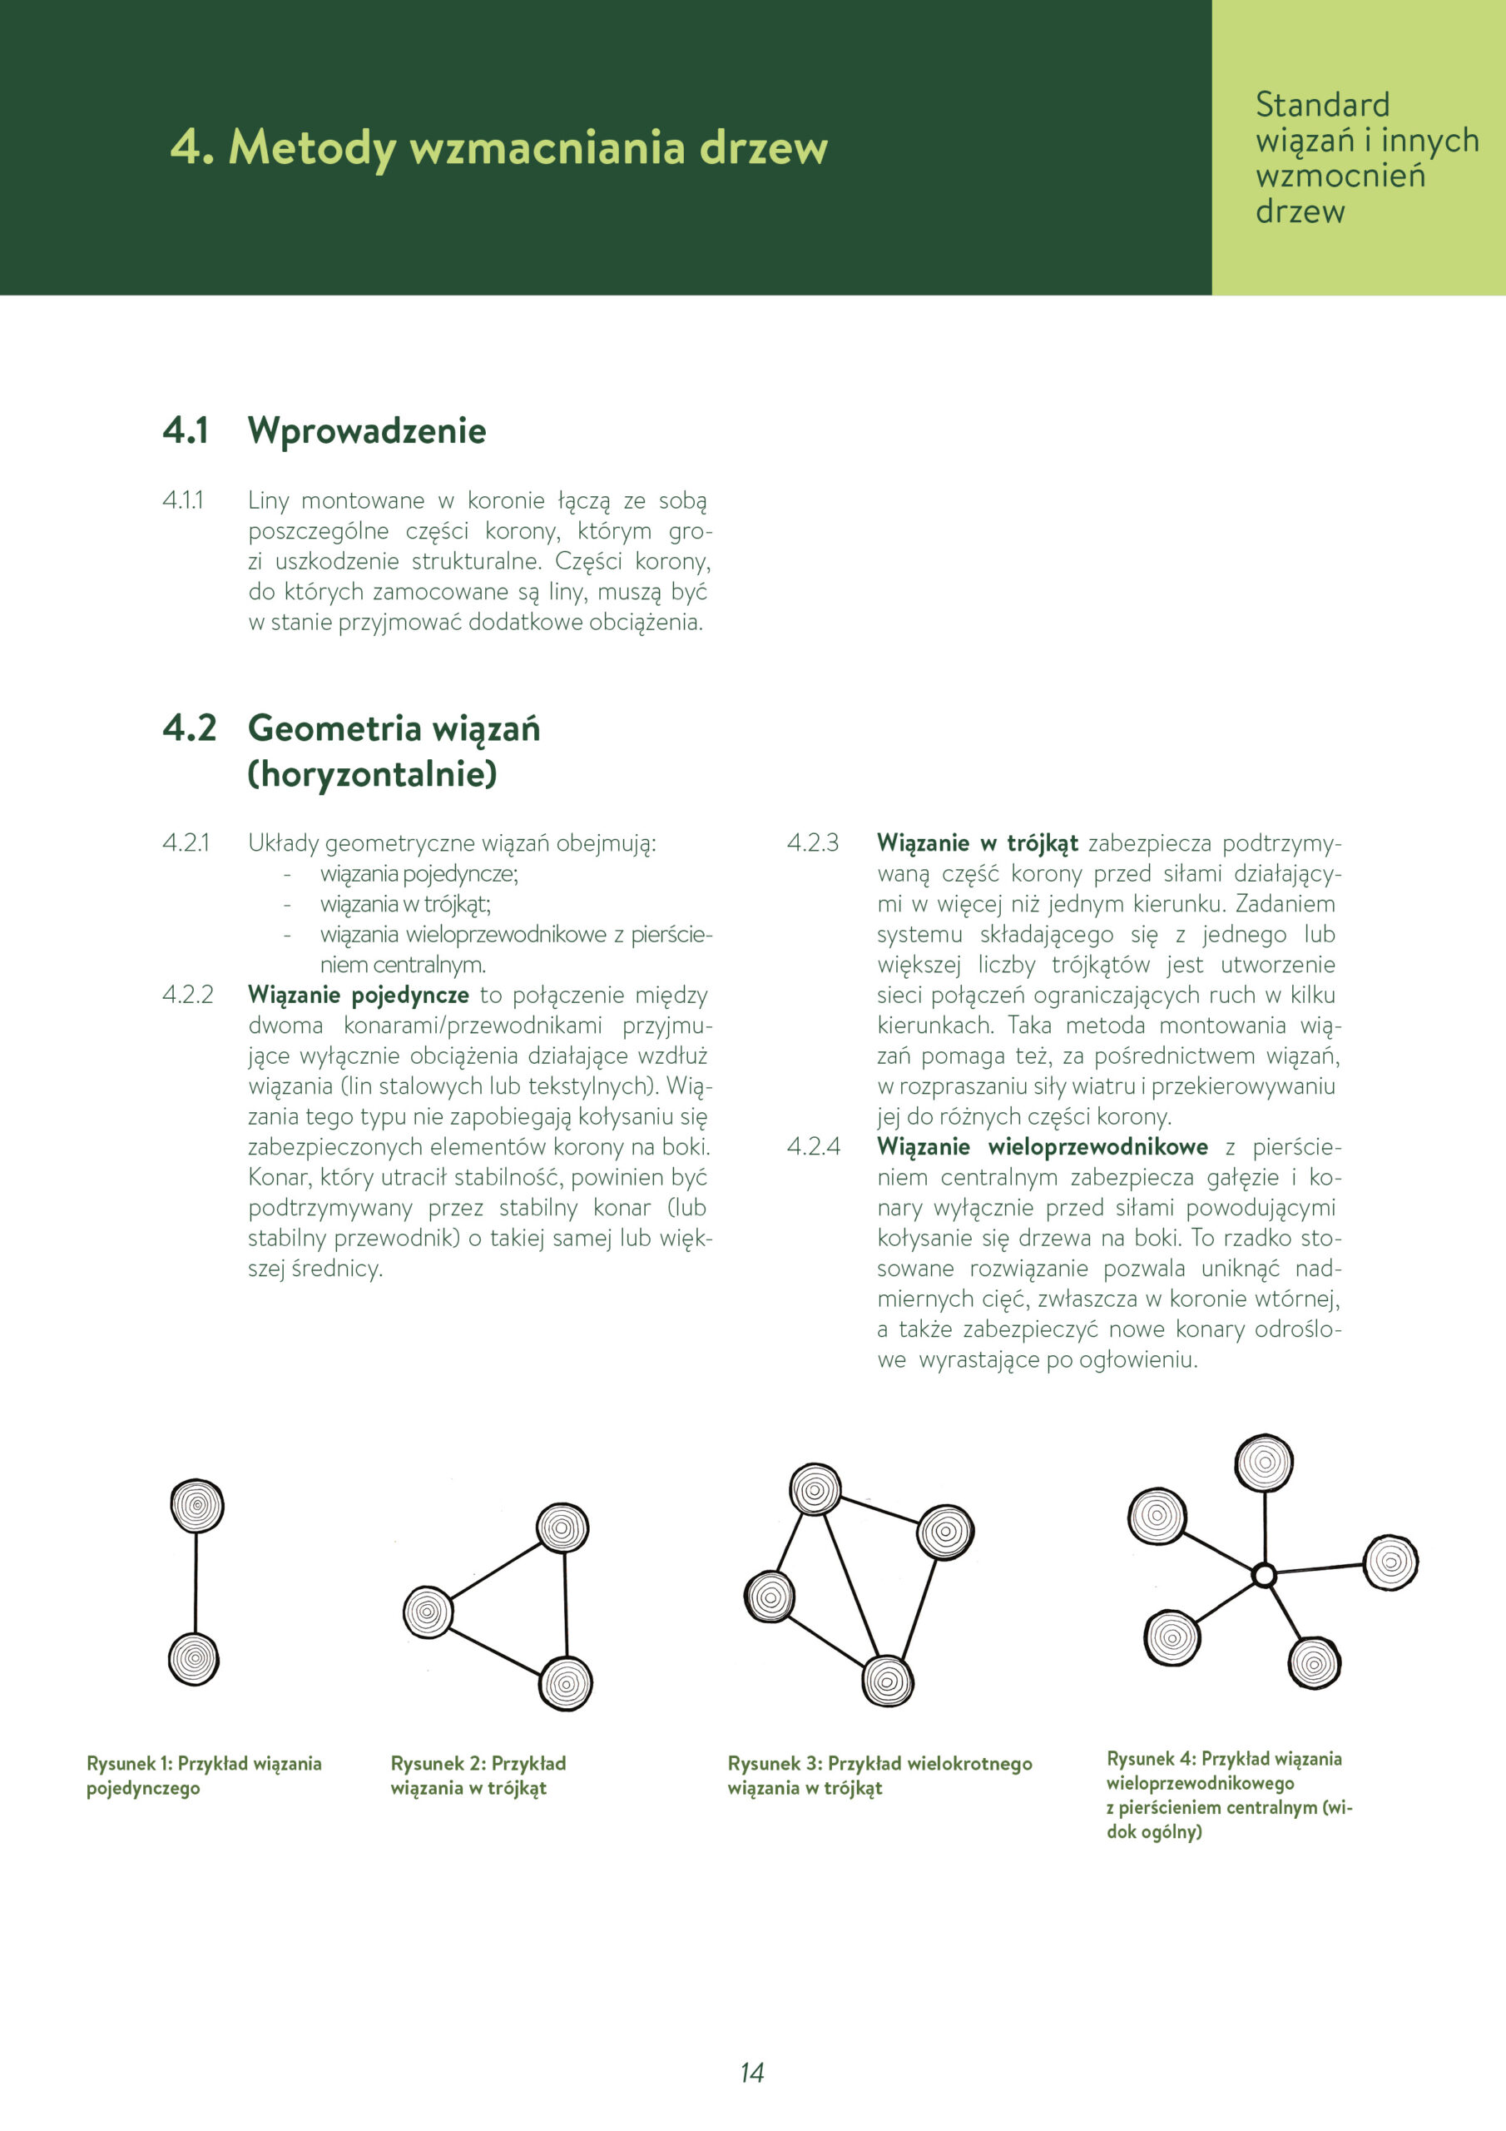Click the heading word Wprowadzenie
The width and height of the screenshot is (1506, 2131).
point(367,430)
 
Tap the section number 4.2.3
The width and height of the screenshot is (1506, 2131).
point(812,842)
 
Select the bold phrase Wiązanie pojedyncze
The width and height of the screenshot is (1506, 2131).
point(358,995)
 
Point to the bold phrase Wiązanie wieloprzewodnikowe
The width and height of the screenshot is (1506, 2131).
point(1042,1147)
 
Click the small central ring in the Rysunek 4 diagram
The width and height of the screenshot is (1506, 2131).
point(1263,1575)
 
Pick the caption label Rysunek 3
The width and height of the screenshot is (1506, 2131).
point(775,1763)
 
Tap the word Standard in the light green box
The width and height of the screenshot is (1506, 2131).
point(1321,104)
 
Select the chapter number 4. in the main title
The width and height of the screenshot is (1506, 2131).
point(192,147)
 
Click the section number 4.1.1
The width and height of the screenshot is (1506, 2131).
point(183,500)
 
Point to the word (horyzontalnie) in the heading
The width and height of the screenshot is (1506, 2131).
point(372,773)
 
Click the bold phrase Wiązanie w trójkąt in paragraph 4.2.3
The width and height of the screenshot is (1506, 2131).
point(977,842)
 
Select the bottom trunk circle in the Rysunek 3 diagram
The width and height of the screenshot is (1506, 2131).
point(888,1681)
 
